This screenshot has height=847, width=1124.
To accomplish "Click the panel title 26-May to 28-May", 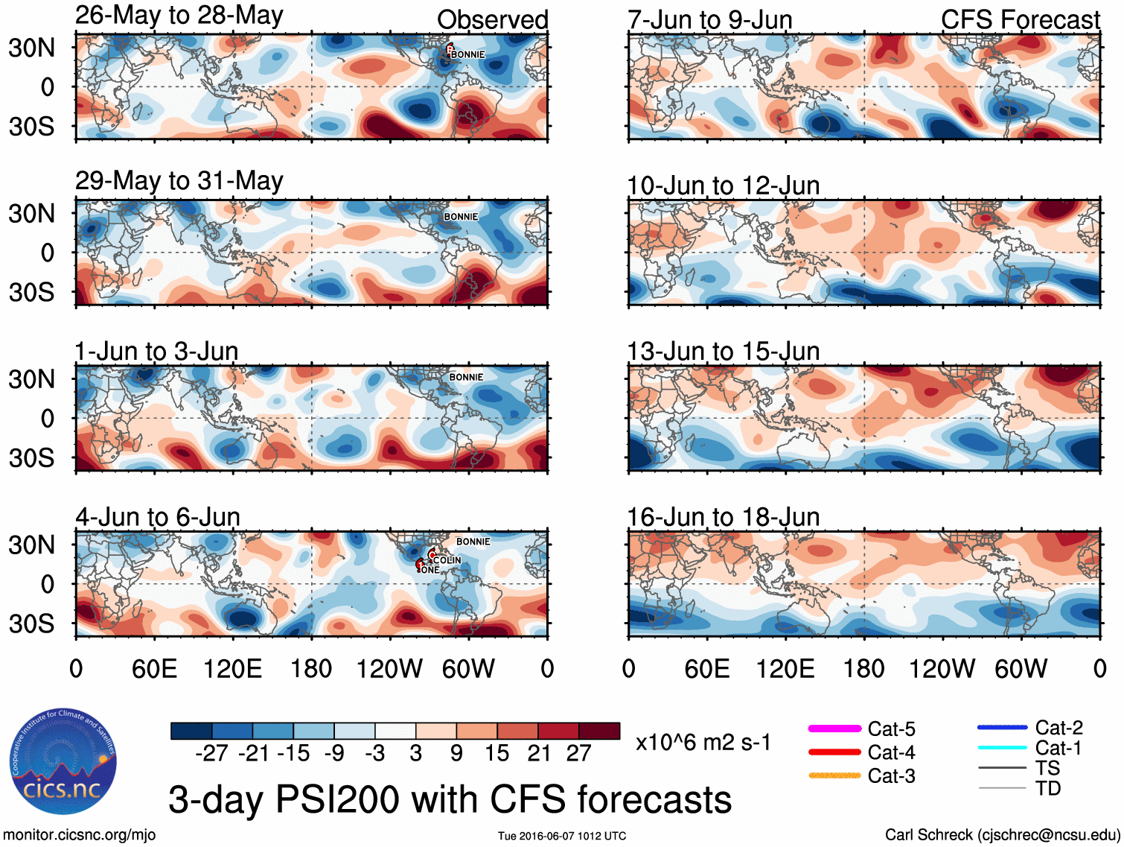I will click(179, 16).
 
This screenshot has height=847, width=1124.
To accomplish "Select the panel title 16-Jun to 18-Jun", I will click(723, 516).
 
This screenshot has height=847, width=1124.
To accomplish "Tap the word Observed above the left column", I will click(492, 19).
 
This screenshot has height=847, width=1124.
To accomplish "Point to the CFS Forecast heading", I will click(1020, 19).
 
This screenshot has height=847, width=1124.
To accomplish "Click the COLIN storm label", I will click(447, 560).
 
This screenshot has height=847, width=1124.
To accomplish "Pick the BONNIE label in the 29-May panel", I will click(461, 217).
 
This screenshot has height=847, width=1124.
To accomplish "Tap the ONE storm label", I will click(430, 571).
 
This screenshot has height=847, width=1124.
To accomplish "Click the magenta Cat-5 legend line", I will click(834, 729).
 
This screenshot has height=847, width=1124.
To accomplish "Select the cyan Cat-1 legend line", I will click(1002, 748).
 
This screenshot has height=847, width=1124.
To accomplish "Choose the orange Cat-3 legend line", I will click(834, 775).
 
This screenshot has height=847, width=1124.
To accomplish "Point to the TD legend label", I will click(1048, 788).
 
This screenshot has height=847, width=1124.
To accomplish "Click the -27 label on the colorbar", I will click(211, 753).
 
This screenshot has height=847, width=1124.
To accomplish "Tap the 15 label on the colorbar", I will click(497, 753).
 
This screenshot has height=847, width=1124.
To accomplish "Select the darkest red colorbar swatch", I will click(599, 731).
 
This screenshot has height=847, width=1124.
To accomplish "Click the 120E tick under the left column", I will click(232, 668).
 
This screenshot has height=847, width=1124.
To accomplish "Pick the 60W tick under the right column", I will click(1021, 668).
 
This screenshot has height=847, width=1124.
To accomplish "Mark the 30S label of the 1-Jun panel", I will click(31, 457).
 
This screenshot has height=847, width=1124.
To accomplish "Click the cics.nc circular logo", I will click(63, 761).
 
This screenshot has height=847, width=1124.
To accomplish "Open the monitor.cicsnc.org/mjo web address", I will click(80, 835).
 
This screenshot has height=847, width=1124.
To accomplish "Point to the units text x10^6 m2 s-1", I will click(703, 742).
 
